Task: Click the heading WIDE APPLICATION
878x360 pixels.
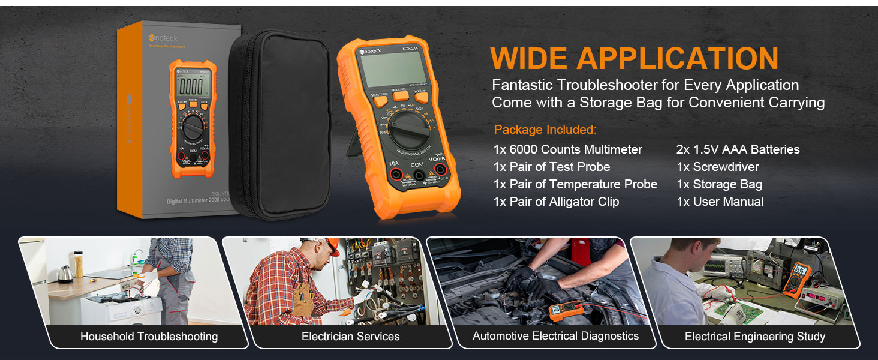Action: (634, 58)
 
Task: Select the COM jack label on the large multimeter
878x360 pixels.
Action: (417, 164)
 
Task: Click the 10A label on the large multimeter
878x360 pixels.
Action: (393, 163)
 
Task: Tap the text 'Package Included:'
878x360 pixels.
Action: (545, 130)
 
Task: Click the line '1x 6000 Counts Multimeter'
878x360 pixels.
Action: (567, 149)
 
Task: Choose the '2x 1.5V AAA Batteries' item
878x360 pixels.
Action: (738, 149)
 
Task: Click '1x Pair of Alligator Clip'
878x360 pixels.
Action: (556, 202)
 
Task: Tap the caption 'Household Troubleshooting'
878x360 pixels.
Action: (149, 337)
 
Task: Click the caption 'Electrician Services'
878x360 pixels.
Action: (350, 337)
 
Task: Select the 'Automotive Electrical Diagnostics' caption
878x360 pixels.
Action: (555, 336)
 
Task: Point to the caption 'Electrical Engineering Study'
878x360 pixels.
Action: (754, 337)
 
